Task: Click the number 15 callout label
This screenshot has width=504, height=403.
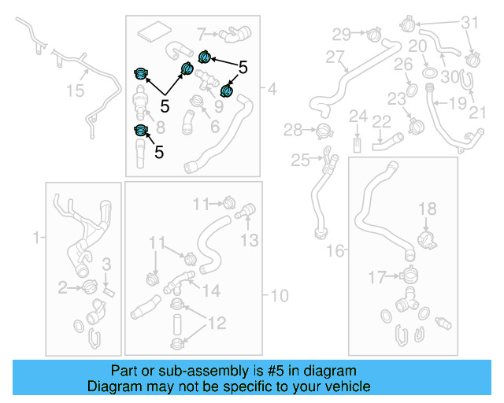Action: click(74, 91)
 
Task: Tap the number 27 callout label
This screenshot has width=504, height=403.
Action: click(335, 57)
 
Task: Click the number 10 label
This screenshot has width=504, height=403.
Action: click(280, 296)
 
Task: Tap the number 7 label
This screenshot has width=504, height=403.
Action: click(202, 34)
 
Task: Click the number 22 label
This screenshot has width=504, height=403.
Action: click(382, 120)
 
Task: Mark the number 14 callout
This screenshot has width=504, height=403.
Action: click(211, 291)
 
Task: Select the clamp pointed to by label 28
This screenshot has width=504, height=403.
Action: click(322, 130)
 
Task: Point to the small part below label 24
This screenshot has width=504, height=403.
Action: click(358, 145)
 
